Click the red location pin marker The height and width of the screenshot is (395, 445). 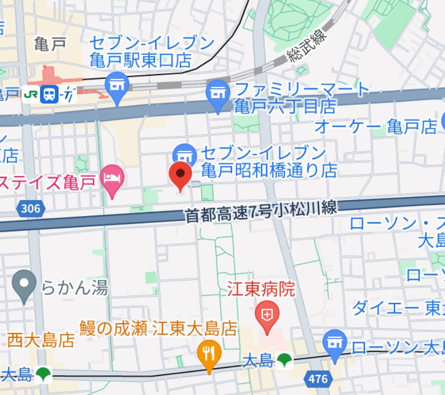tap(180, 175)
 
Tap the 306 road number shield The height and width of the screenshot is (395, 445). tap(30, 209)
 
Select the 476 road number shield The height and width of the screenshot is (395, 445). tap(317, 379)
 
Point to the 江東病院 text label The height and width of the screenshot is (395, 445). tap(261, 289)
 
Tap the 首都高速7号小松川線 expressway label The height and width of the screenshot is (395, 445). tap(261, 210)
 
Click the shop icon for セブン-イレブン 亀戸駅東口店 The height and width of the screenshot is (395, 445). tap(118, 85)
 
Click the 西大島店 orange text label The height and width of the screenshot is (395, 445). tap(41, 339)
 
